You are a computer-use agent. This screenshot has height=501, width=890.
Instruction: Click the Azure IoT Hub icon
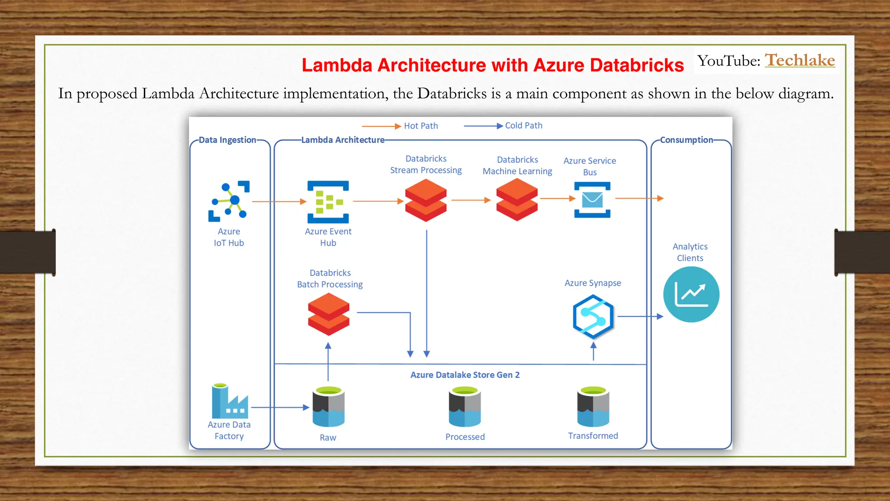229,201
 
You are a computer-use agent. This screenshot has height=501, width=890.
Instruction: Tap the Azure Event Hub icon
328,202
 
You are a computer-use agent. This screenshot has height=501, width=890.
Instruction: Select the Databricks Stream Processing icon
425,200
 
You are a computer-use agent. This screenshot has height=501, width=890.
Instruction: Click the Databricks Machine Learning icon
517,200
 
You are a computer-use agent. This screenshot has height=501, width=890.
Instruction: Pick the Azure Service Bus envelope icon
592,200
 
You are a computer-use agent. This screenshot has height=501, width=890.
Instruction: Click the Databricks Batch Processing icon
329,314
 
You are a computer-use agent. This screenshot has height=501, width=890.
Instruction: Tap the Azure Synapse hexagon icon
593,317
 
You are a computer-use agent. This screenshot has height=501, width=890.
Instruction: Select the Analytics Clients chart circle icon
691,294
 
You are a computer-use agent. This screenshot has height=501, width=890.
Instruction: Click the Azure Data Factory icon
229,401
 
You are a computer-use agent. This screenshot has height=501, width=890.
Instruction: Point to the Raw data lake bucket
329,407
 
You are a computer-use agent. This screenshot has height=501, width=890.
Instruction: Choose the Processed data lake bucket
465,407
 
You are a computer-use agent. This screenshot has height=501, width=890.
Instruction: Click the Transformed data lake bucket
593,406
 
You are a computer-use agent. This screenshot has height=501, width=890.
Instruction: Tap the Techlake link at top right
800,60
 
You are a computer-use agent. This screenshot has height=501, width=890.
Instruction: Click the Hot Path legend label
421,126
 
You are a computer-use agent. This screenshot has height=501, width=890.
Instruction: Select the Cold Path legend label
524,125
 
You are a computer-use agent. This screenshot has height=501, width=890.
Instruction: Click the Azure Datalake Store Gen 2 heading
465,375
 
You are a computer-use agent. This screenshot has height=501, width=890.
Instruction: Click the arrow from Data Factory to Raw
280,407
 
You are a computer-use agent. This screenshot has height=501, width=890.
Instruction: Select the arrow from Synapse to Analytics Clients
640,317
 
